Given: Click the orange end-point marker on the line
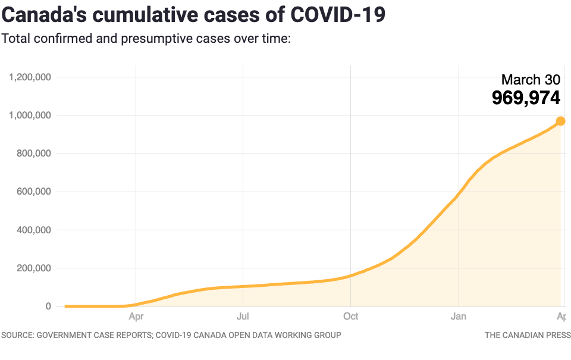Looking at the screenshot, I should (x=560, y=121).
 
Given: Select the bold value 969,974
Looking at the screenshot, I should (x=526, y=98).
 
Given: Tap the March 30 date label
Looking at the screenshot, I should (x=531, y=80).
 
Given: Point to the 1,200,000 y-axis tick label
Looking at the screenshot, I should (x=30, y=77).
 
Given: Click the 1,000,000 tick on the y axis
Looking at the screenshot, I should (x=30, y=115).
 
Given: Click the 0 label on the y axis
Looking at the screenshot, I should (x=48, y=306).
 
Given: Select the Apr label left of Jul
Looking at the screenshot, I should (x=136, y=317).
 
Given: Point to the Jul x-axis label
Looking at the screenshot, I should (x=243, y=317).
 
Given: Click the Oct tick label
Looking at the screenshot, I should (x=350, y=317).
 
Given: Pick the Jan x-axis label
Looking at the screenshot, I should (x=458, y=317).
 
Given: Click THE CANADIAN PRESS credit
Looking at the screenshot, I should (x=528, y=335).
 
